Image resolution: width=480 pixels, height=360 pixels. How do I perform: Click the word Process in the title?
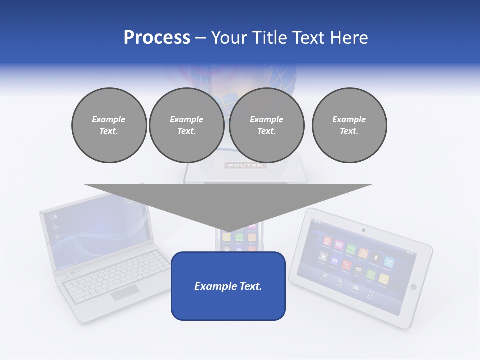[x=157, y=38]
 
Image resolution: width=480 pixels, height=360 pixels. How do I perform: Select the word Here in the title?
[x=349, y=38]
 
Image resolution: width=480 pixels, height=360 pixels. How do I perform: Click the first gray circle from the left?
[x=109, y=125]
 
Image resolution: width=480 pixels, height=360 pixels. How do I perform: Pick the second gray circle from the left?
[x=186, y=125]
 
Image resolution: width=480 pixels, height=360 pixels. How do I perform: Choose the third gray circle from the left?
[x=266, y=125]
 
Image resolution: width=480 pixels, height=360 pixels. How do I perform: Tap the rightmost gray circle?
[x=349, y=125]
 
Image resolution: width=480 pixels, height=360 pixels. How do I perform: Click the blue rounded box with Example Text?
[x=228, y=286]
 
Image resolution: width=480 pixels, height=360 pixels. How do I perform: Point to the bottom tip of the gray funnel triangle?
[x=228, y=231]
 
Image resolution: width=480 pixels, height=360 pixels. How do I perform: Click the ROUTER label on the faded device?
[x=245, y=165]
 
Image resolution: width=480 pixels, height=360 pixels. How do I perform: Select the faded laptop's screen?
[x=95, y=225]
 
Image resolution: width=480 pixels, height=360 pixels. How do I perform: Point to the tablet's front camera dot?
[x=363, y=230]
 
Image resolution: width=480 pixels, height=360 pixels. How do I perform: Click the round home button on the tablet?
[x=413, y=287]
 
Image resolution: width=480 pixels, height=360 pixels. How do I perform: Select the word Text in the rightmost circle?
[x=349, y=131]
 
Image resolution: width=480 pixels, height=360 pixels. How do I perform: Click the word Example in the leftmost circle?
[x=109, y=119]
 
